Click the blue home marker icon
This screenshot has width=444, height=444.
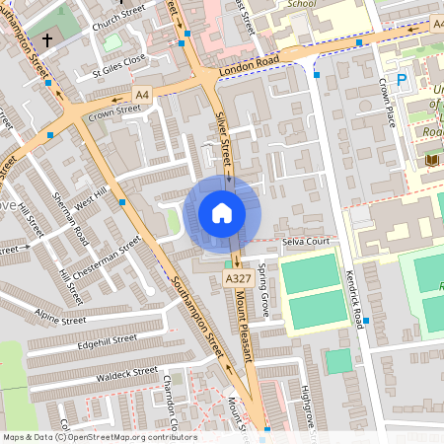point(222,213)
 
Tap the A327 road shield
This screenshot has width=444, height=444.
point(237,280)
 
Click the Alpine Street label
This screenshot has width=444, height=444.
point(61,317)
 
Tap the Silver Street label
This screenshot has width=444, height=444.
point(223,137)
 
